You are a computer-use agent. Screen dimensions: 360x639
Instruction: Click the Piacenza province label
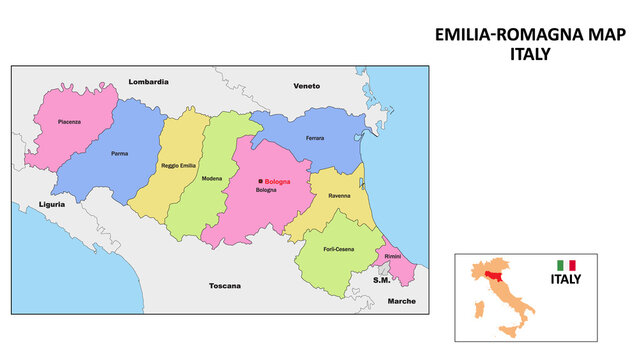pyautogui.click(x=69, y=121)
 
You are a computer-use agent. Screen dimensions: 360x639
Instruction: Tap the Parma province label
pyautogui.click(x=119, y=155)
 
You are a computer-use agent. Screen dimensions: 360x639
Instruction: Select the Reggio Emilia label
pyautogui.click(x=179, y=164)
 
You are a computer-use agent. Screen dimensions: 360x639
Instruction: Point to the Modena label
pyautogui.click(x=212, y=178)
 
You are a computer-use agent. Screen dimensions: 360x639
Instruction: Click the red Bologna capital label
pyautogui.click(x=277, y=182)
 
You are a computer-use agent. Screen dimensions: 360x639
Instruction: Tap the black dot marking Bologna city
pyautogui.click(x=260, y=182)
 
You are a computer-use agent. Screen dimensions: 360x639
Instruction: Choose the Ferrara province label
pyautogui.click(x=315, y=138)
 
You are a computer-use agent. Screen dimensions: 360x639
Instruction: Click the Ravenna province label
pyautogui.click(x=339, y=195)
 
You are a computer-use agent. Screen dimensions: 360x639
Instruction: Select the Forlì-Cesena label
pyautogui.click(x=338, y=249)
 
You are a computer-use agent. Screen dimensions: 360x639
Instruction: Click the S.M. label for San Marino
pyautogui.click(x=381, y=280)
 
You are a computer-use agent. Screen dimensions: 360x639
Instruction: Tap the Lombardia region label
pyautogui.click(x=149, y=81)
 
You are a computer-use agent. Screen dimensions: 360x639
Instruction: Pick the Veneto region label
pyautogui.click(x=306, y=86)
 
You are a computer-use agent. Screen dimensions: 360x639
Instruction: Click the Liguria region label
pyautogui.click(x=52, y=204)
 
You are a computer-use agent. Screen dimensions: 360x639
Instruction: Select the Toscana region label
pyautogui.click(x=225, y=286)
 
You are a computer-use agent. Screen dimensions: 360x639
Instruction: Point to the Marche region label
pyautogui.click(x=402, y=300)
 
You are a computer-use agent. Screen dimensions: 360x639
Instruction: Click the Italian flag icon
pyautogui.click(x=567, y=265)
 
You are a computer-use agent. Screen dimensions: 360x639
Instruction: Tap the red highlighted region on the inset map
pyautogui.click(x=490, y=271)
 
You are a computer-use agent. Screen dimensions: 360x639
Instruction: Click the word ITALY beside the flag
pyautogui.click(x=566, y=280)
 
